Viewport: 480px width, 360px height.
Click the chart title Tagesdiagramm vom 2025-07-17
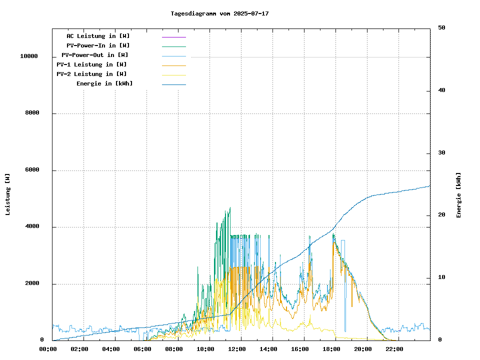(219, 13)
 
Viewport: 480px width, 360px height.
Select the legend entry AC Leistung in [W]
(98, 36)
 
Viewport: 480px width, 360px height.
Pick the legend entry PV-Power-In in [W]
(98, 45)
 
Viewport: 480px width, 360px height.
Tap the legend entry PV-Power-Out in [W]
(95, 55)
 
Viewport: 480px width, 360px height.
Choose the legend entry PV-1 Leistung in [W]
(91, 64)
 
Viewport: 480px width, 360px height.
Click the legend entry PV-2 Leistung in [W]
(91, 74)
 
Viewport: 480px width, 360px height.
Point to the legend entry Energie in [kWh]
(104, 83)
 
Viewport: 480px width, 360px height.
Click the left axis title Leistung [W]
(8, 194)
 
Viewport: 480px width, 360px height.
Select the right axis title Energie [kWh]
(458, 195)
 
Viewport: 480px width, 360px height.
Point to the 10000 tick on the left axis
(29, 56)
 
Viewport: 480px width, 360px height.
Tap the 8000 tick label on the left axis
(32, 113)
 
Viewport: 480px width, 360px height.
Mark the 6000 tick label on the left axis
(32, 170)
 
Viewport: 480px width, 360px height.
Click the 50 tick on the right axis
(441, 28)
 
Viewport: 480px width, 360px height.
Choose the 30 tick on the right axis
(441, 153)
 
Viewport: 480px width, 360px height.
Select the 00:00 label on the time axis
(48, 349)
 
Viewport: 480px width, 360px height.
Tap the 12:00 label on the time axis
(237, 349)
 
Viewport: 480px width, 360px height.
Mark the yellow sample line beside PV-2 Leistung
(173, 74)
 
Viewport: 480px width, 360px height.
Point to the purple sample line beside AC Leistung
(173, 36)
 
